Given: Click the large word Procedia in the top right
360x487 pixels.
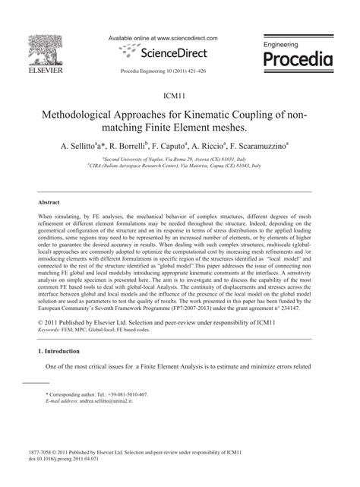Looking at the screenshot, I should [295, 59].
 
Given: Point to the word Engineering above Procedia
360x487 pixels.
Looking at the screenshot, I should [282, 46].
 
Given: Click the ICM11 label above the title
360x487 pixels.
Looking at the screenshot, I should [180, 98].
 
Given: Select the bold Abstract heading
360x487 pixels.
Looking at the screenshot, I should [49, 203].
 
